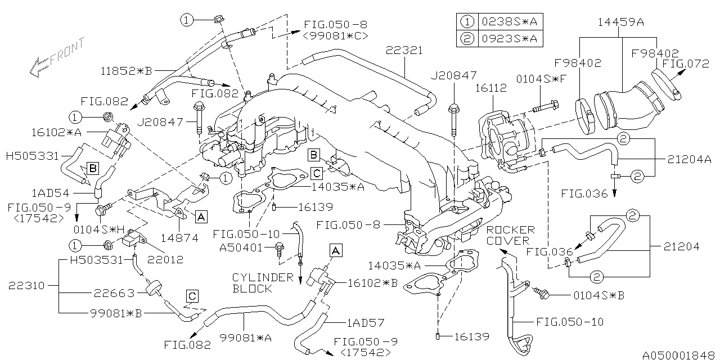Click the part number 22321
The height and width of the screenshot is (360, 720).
404,51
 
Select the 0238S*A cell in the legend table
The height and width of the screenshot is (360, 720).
510,22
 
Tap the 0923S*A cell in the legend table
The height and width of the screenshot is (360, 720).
510,39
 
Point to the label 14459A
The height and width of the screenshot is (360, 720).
620,22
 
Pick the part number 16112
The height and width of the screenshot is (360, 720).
491,88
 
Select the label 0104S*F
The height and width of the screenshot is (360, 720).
541,79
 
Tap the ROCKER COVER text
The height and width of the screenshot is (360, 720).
510,235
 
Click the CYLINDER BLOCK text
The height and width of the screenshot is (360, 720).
263,283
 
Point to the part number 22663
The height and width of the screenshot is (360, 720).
114,293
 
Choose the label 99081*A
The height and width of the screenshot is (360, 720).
246,337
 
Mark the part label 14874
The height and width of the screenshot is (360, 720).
179,238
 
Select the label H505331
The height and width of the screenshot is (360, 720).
33,156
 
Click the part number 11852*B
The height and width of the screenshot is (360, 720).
126,71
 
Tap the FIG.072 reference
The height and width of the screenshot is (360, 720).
686,64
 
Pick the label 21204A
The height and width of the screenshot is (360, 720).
690,159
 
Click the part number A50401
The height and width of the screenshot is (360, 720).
241,247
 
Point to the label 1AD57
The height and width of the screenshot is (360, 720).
366,322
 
